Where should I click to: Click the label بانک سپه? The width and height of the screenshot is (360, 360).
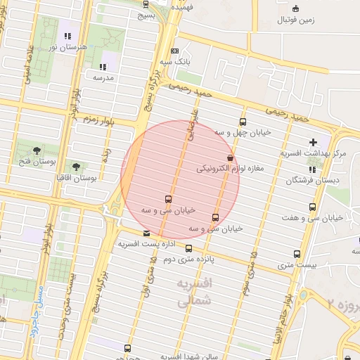coord(195,63)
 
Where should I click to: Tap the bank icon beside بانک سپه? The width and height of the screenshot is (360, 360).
coord(174,51)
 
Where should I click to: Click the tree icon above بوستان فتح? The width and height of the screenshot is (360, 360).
coord(37,149)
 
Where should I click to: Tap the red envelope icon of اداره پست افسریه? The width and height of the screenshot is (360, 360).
coord(146,233)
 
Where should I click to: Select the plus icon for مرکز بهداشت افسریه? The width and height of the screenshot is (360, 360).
coord(313,143)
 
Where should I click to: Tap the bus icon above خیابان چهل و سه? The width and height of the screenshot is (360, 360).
coord(243,122)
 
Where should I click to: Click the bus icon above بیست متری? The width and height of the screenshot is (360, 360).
coord(297,254)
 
